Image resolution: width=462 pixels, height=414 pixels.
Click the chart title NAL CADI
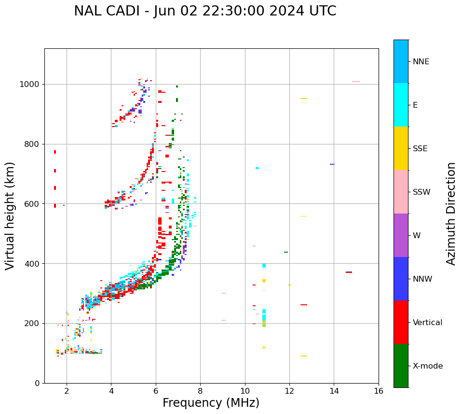(x=205, y=11)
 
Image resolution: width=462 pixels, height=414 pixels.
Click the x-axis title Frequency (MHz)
(x=211, y=403)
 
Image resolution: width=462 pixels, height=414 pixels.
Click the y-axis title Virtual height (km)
(x=10, y=215)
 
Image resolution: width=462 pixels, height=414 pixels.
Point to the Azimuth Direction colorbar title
(x=451, y=214)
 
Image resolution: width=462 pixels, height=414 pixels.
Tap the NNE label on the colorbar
(x=421, y=62)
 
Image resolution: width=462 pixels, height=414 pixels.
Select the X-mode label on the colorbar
(x=427, y=366)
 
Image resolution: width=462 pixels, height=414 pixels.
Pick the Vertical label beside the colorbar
(x=427, y=323)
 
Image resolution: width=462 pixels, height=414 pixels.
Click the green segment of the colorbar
(x=401, y=366)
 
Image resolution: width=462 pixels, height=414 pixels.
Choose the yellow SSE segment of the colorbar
(x=401, y=148)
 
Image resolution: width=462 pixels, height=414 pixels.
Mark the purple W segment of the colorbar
(x=401, y=235)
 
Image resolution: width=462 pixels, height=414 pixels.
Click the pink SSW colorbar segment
(x=401, y=192)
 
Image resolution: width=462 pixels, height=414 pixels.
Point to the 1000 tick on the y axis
(x=30, y=85)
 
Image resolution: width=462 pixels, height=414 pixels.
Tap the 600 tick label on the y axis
(x=32, y=204)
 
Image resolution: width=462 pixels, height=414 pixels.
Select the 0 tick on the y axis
(x=38, y=383)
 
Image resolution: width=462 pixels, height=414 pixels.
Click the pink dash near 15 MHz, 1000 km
(x=356, y=82)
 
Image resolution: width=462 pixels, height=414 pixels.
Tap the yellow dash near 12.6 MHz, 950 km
(x=304, y=99)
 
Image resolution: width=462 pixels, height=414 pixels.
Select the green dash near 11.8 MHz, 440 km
(x=286, y=252)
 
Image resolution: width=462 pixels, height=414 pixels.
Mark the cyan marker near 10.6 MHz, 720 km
(x=257, y=168)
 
